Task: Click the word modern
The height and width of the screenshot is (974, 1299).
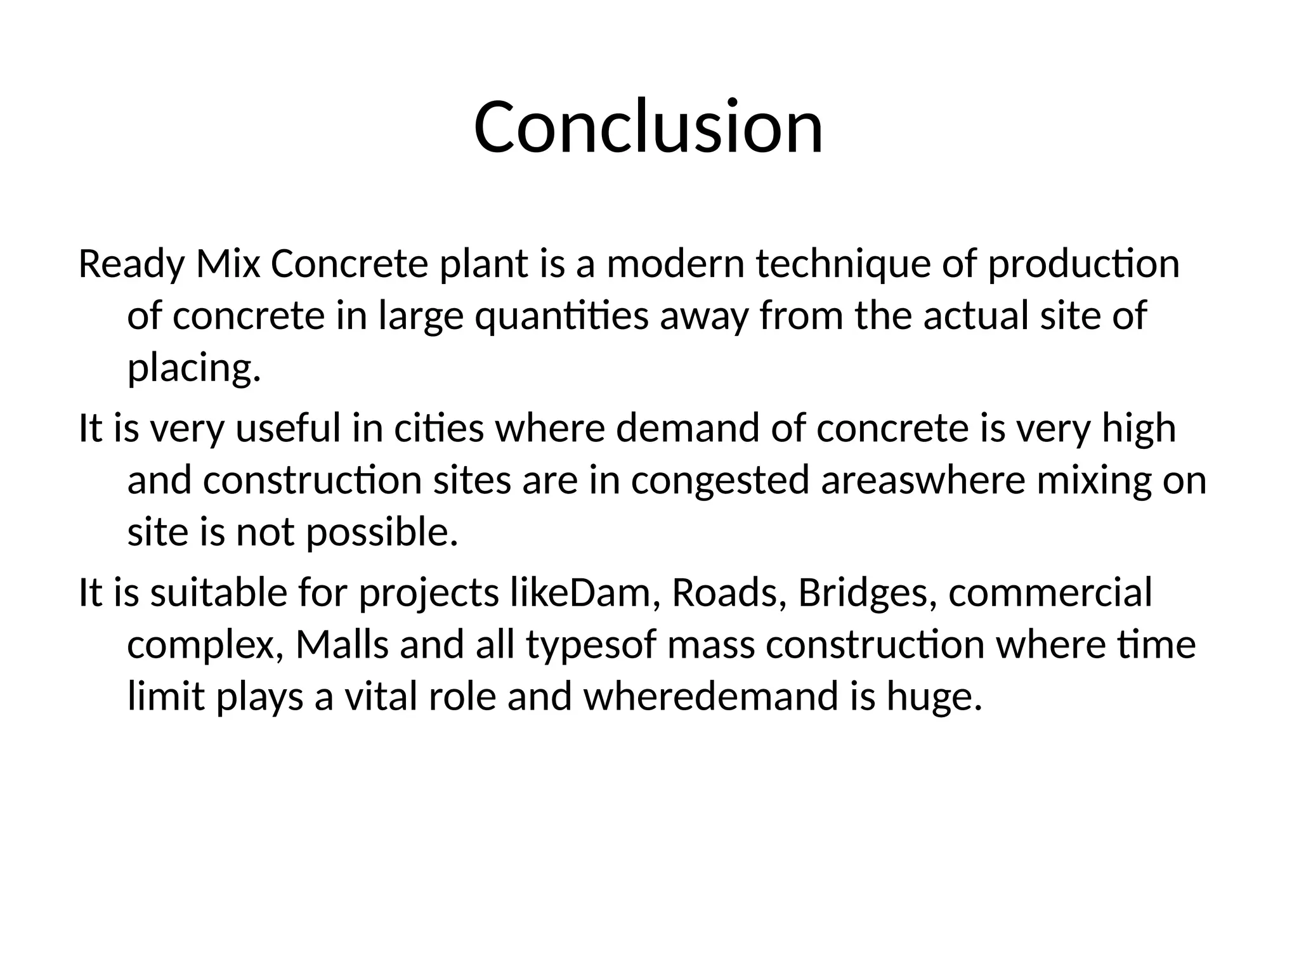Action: (x=676, y=264)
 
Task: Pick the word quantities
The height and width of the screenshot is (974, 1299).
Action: (x=561, y=316)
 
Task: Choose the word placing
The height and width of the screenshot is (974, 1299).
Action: (x=193, y=368)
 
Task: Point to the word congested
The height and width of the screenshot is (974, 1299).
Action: (x=720, y=481)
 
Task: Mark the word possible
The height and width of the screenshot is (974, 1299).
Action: (x=382, y=532)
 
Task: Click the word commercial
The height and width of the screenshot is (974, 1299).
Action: (x=1050, y=593)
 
